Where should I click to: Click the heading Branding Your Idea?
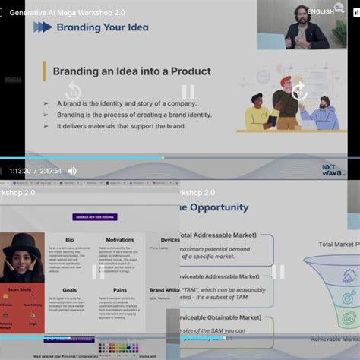click(x=102, y=27)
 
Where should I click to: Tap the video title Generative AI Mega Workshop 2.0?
click(x=68, y=12)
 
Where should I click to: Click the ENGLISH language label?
click(x=321, y=11)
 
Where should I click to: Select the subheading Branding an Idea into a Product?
click(x=131, y=72)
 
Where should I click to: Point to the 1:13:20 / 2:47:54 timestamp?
click(x=36, y=171)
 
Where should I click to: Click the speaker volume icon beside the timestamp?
click(x=72, y=171)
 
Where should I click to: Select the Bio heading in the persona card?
click(x=70, y=240)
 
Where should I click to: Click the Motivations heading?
click(x=120, y=240)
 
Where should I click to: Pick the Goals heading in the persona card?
click(x=70, y=290)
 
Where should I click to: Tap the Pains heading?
click(x=120, y=290)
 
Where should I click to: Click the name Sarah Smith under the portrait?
click(x=21, y=290)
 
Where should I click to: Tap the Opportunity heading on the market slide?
click(x=215, y=207)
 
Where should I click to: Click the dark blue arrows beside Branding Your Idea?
click(x=43, y=27)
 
